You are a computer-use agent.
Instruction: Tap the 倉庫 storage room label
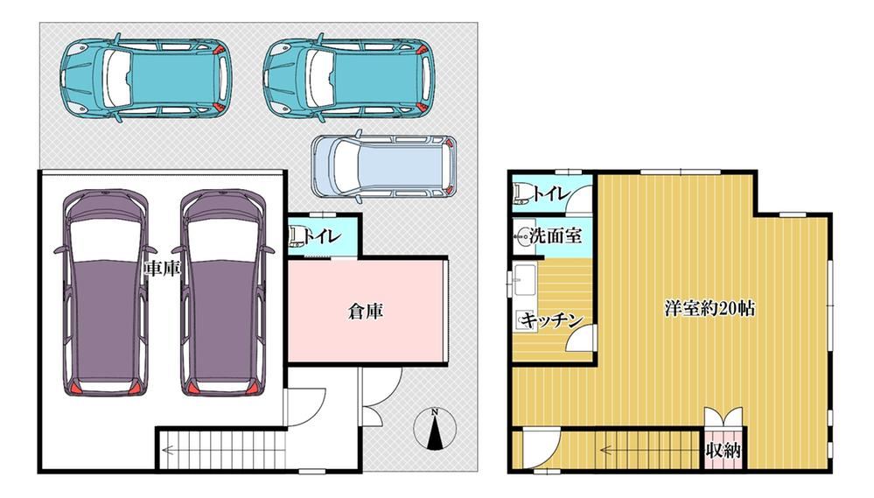point(366,312)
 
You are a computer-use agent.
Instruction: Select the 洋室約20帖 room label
point(710,308)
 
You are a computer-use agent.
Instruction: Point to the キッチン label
point(552,320)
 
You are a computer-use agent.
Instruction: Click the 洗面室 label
point(556,235)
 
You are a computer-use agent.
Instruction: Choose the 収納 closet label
point(723,450)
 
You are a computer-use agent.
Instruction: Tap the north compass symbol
point(435,429)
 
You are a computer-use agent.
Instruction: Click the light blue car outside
point(383,165)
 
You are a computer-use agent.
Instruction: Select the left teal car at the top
point(145,78)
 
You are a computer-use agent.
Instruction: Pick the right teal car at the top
point(348,78)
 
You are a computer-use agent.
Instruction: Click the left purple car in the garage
point(105,293)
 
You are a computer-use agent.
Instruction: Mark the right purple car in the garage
point(222,293)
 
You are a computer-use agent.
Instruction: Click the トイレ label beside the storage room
point(322,236)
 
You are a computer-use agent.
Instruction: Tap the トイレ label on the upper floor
point(551,194)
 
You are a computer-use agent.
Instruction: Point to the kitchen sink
point(524,280)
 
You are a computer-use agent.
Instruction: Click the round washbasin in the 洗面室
point(523,236)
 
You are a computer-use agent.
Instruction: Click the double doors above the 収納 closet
point(723,417)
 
